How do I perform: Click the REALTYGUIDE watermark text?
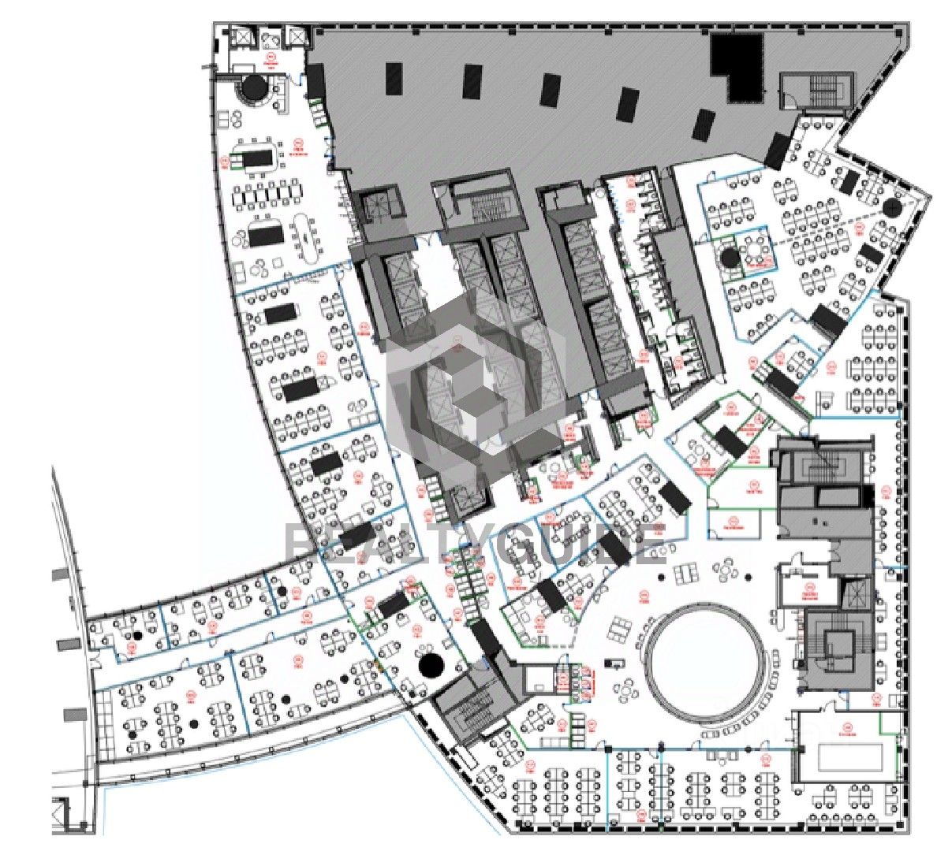click(473, 544)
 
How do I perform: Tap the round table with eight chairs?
click(756, 251)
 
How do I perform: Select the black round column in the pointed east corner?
click(892, 207)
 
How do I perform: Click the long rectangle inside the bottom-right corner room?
click(849, 757)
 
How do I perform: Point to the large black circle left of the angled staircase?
click(431, 664)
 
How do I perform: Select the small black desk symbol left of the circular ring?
click(610, 663)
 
